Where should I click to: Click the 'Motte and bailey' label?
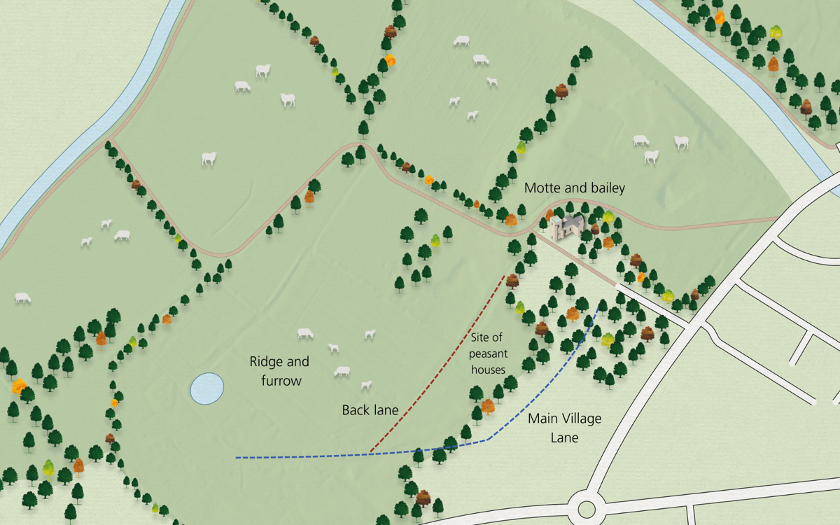pyautogui.click(x=575, y=188)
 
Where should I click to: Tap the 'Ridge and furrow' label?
pyautogui.click(x=279, y=371)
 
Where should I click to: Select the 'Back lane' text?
pyautogui.click(x=370, y=410)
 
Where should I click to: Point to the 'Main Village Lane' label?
pyautogui.click(x=564, y=428)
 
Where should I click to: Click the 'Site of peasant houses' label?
pyautogui.click(x=488, y=353)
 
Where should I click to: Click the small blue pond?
pyautogui.click(x=207, y=388)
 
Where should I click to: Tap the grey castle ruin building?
pyautogui.click(x=566, y=227)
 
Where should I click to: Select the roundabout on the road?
pyautogui.click(x=586, y=506)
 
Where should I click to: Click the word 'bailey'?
pyautogui.click(x=608, y=188)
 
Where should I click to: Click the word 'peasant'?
pyautogui.click(x=488, y=353)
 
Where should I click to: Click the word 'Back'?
pyautogui.click(x=356, y=410)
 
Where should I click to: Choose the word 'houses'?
pyautogui.click(x=488, y=369)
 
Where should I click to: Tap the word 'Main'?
pyautogui.click(x=542, y=419)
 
